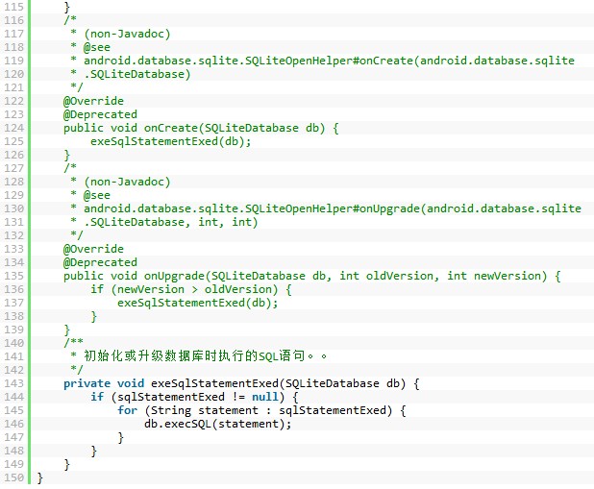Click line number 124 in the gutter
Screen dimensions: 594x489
pos(14,128)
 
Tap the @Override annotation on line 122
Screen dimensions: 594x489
pos(93,101)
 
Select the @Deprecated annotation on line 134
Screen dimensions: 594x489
pos(100,262)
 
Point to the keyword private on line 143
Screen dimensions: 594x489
pos(87,383)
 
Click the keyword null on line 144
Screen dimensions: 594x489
pos(265,397)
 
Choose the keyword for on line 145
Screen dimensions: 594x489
pos(127,410)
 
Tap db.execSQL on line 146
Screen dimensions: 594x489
pos(177,424)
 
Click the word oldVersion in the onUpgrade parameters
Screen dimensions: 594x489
pos(400,276)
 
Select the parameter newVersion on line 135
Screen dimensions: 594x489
pos(507,276)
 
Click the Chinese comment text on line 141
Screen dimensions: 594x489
pos(205,356)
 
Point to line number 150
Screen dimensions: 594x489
pos(14,477)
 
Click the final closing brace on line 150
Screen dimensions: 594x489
pos(40,478)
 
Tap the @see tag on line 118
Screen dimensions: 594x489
pos(97,47)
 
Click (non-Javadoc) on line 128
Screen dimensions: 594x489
pos(127,182)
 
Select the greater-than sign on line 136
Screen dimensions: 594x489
pos(195,290)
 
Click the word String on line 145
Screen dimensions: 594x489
pos(171,410)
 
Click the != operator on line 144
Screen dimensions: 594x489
pos(238,397)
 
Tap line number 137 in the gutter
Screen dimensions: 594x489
pos(14,303)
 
